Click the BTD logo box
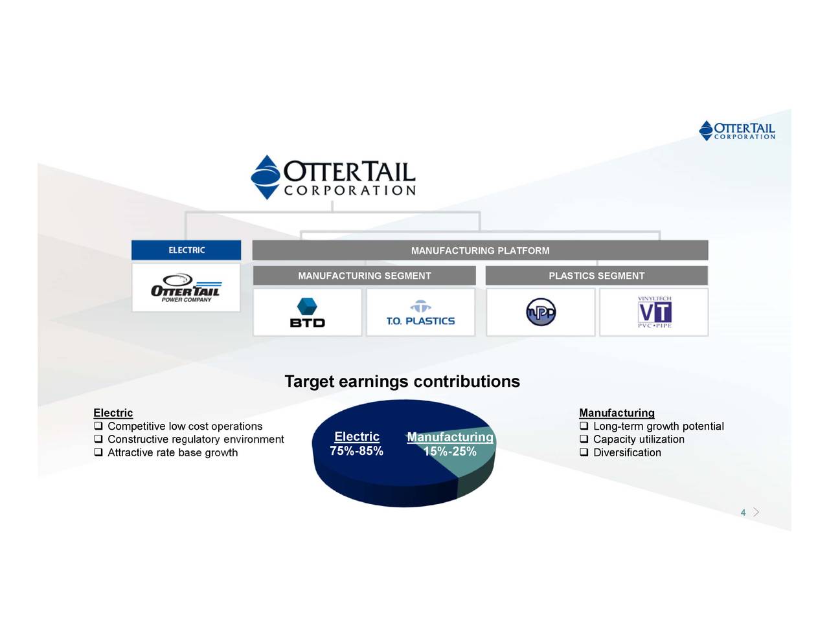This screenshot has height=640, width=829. pyautogui.click(x=307, y=313)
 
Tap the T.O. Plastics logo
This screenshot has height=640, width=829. pyautogui.click(x=420, y=313)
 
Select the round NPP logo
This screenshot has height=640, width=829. pyautogui.click(x=541, y=312)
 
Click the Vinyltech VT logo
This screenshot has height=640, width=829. pyautogui.click(x=654, y=313)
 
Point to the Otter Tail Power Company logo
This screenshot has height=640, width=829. pyautogui.click(x=186, y=289)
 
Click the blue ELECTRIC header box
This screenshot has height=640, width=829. pyautogui.click(x=186, y=250)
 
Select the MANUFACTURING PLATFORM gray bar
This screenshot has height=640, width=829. pyautogui.click(x=480, y=250)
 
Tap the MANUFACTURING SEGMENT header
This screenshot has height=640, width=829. pyautogui.click(x=364, y=276)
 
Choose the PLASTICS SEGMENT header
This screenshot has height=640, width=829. pyautogui.click(x=596, y=276)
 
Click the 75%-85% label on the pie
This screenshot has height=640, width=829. pyautogui.click(x=356, y=451)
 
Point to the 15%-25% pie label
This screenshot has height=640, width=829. pyautogui.click(x=450, y=452)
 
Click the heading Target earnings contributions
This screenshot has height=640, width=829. pyautogui.click(x=402, y=382)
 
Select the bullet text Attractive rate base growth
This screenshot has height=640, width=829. pyautogui.click(x=172, y=453)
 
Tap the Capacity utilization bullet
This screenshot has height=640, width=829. pyautogui.click(x=639, y=439)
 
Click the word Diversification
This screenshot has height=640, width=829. pyautogui.click(x=627, y=453)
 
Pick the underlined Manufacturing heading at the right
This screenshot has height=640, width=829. pyautogui.click(x=617, y=413)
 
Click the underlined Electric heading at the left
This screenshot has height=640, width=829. pyautogui.click(x=113, y=413)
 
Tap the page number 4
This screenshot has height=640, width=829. pyautogui.click(x=743, y=513)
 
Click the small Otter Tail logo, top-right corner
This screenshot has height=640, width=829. pyautogui.click(x=737, y=131)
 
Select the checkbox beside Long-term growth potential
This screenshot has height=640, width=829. pyautogui.click(x=584, y=426)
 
